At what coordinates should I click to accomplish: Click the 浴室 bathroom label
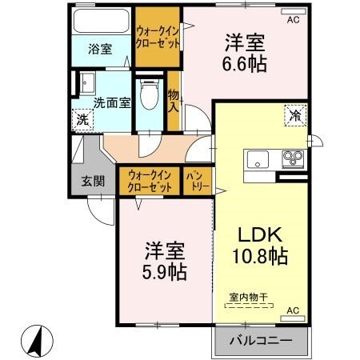(101, 49)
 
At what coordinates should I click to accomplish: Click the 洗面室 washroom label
(111, 102)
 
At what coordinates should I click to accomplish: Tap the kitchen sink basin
(262, 157)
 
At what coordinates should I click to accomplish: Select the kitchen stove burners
(293, 157)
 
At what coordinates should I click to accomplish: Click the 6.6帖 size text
(246, 62)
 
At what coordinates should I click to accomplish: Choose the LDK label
(261, 234)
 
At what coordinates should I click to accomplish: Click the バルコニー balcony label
(261, 341)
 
